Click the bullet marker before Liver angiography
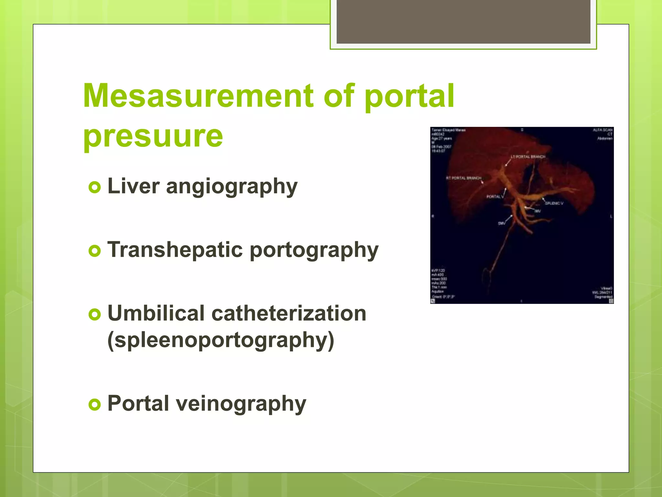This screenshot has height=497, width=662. [x=95, y=187]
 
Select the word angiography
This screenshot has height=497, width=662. [x=231, y=187]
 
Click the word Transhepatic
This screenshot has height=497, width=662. [x=175, y=250]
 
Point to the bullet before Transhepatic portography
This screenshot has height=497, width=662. [x=95, y=251]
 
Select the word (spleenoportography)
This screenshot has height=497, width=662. [x=220, y=340]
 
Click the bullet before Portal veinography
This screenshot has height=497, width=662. [x=95, y=404]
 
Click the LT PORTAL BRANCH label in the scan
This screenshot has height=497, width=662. [x=528, y=157]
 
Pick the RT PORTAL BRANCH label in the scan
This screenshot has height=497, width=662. [x=464, y=178]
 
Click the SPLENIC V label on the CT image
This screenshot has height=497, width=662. [x=554, y=203]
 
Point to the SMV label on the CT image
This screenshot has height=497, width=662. [x=501, y=223]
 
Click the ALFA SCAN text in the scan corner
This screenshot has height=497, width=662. [x=603, y=130]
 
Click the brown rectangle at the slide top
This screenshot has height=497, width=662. [x=463, y=21]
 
